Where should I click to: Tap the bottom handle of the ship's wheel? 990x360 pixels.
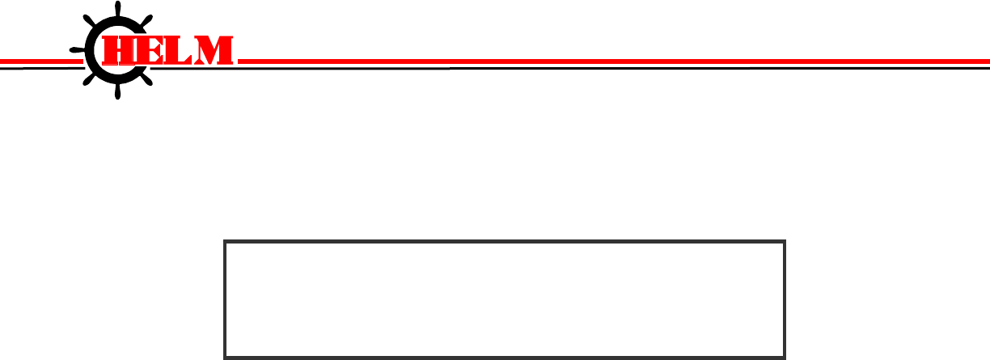point(118,93)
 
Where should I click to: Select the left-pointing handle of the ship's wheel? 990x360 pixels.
point(76,50)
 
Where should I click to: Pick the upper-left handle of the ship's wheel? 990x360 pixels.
point(88,21)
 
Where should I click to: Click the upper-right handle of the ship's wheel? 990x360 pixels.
point(148,20)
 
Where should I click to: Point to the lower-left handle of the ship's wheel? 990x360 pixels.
point(88,80)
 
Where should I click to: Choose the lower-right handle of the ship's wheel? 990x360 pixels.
point(148,80)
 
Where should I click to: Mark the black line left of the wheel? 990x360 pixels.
point(36,68)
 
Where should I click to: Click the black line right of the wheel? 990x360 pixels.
point(566,68)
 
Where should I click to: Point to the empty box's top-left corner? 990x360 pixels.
point(225,241)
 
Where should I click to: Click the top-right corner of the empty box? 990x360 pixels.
point(785,241)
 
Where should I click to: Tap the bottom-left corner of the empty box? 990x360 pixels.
point(225,356)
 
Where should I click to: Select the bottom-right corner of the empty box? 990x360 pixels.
point(785,356)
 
